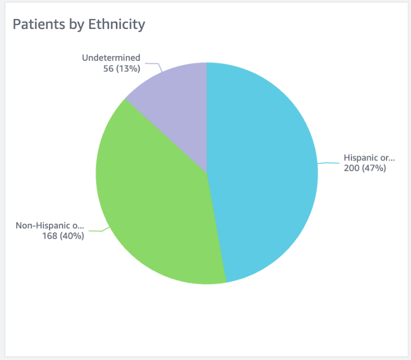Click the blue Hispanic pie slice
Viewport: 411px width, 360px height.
(262, 167)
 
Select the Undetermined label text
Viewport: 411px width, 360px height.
(111, 57)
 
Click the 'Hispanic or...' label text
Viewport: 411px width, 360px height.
(369, 157)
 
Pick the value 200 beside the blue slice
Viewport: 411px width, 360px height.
(351, 168)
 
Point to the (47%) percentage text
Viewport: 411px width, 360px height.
(374, 168)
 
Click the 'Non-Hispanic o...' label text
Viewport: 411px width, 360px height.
(50, 226)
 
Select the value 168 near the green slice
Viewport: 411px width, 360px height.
(50, 236)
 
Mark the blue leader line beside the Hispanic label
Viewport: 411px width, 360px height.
(329, 163)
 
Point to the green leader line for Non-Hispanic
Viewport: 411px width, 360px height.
(97, 230)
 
